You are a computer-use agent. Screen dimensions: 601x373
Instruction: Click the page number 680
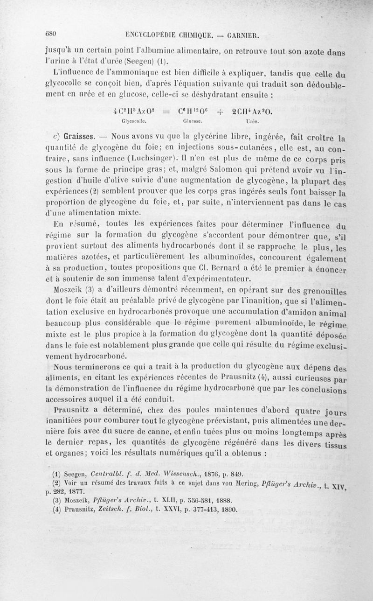pyautogui.click(x=50, y=33)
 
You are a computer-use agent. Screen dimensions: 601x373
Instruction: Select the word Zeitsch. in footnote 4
pyautogui.click(x=114, y=510)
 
